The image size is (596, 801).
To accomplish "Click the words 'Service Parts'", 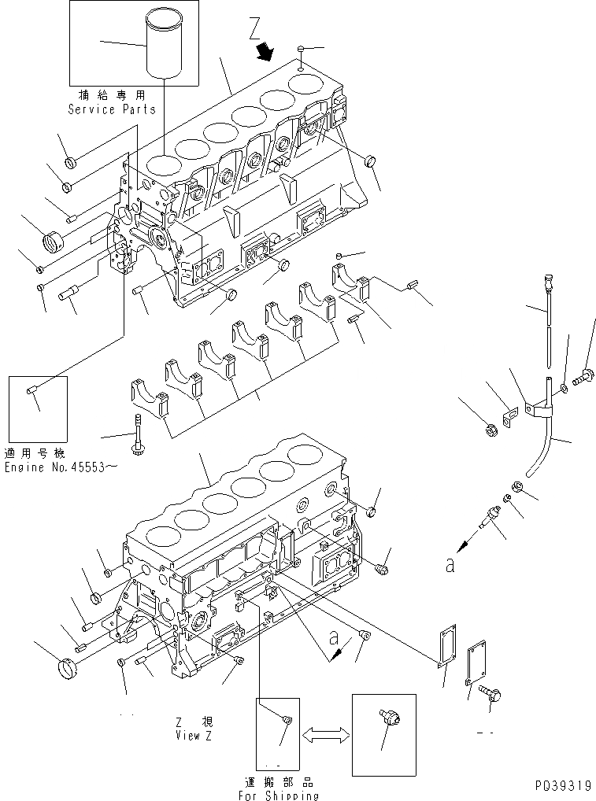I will [111, 109].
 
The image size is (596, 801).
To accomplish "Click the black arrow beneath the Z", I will [267, 52].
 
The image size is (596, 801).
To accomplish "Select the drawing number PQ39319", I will [560, 785].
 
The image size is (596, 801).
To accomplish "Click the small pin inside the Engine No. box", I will [31, 389].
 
